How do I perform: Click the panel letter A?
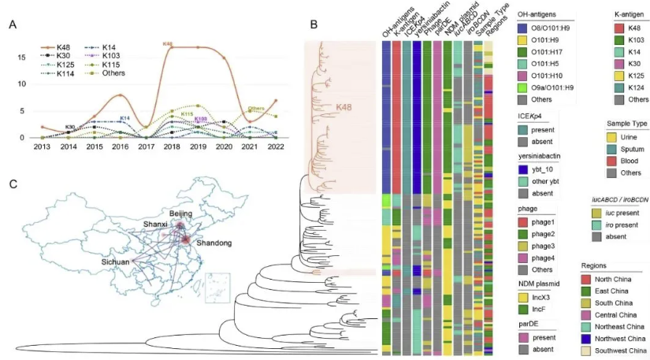[x=13, y=25]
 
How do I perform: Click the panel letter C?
[x=13, y=184]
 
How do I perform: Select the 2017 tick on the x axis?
[x=145, y=147]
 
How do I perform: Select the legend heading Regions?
[x=599, y=265]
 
